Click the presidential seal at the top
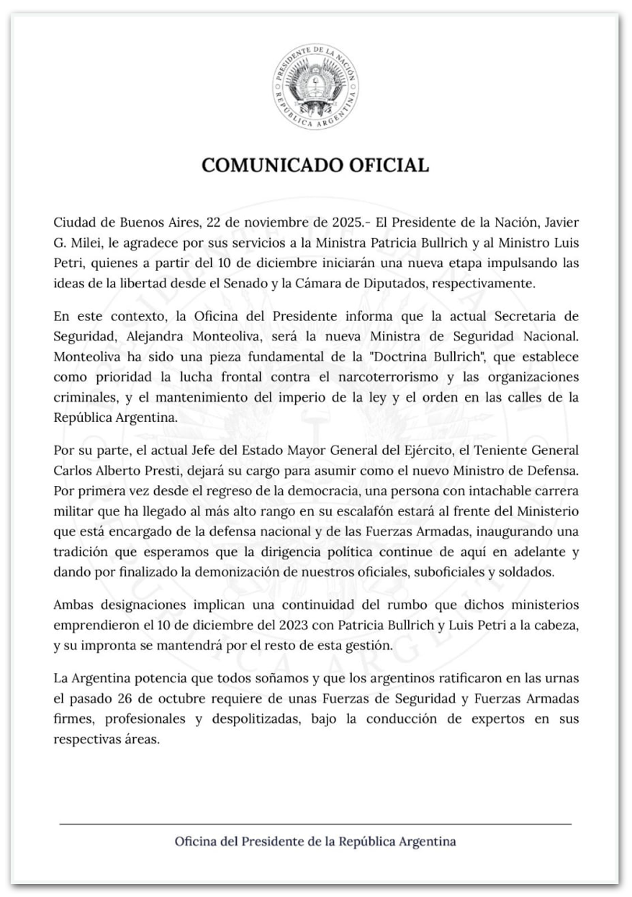315,88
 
